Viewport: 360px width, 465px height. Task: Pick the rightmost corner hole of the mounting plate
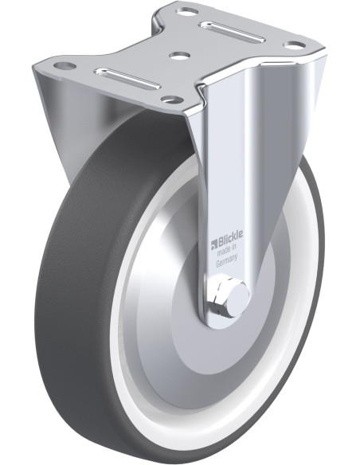pyautogui.click(x=295, y=45)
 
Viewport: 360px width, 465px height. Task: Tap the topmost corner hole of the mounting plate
pyautogui.click(x=188, y=13)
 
